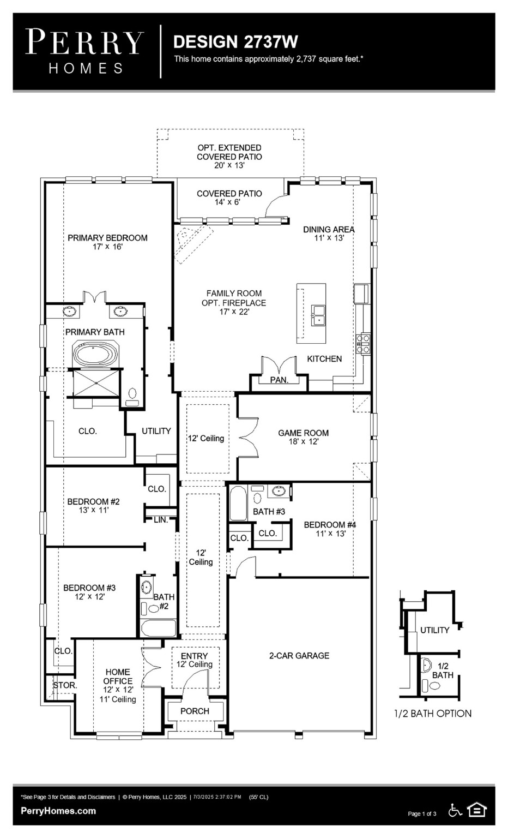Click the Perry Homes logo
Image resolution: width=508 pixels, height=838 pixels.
coord(84,51)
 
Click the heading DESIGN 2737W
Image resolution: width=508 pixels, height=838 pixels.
coord(235,42)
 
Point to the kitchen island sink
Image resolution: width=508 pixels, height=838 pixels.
coord(318,315)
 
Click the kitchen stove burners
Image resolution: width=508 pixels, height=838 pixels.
coord(363,345)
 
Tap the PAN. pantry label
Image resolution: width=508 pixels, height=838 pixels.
coord(279,380)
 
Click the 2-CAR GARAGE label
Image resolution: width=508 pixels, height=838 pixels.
coord(299,656)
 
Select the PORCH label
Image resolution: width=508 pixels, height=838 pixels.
coord(195,711)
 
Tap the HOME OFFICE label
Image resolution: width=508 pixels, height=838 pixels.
coord(118,677)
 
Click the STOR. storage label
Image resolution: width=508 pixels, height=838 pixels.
coord(65,685)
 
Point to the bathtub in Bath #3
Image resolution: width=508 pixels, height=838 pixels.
coord(238,504)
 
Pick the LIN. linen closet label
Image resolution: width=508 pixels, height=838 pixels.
coord(160,520)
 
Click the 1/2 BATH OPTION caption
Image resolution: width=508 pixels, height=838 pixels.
coord(433,714)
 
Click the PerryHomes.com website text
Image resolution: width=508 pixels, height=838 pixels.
coord(58,811)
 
